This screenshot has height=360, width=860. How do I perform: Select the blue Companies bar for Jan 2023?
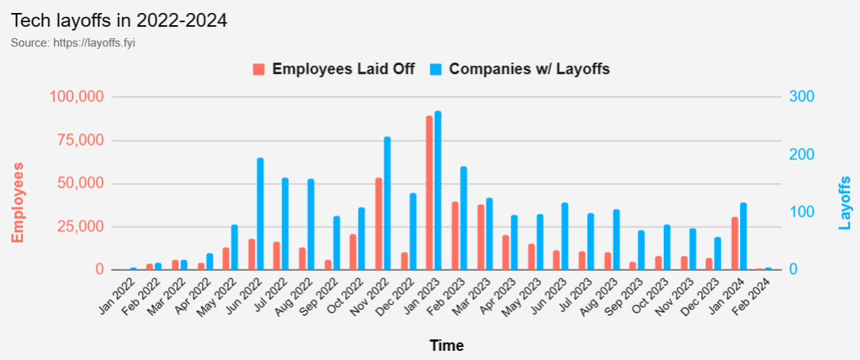(438, 191)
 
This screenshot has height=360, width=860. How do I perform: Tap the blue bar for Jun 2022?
(260, 214)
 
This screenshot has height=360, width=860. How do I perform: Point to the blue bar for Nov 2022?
(387, 203)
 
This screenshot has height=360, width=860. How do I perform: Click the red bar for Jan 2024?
(735, 243)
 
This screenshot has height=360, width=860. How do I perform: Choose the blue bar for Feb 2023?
(463, 218)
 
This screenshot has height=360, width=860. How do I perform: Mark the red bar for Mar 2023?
(481, 237)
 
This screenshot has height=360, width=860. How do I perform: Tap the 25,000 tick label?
(80, 227)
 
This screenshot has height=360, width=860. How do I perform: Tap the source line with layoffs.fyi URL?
(73, 43)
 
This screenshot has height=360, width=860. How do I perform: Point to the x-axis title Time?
(446, 346)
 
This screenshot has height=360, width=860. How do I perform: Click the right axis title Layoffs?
(844, 203)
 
